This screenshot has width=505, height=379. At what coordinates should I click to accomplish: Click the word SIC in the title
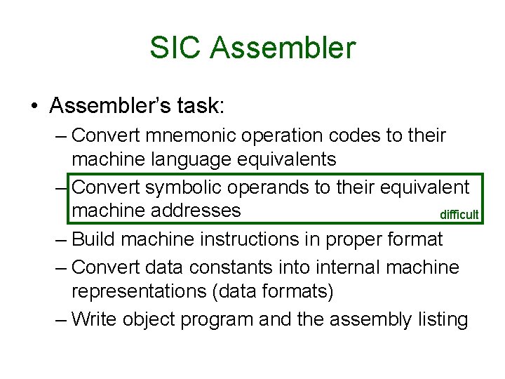tap(175, 48)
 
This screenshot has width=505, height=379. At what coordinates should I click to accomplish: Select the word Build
tap(95, 239)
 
